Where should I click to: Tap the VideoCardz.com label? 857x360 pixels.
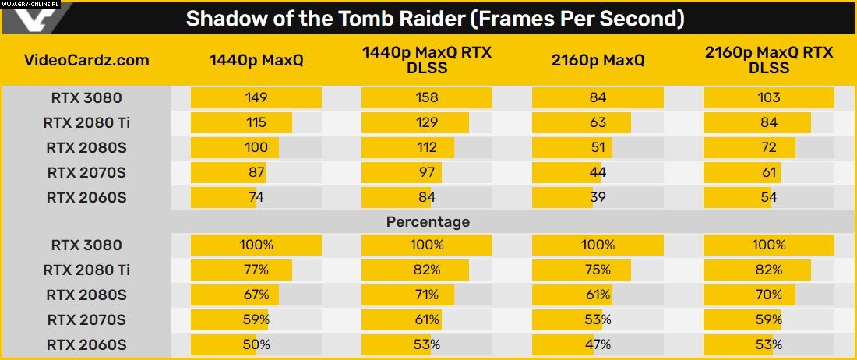(86, 60)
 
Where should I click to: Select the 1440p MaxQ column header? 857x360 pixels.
(256, 60)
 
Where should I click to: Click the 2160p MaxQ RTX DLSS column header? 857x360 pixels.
(768, 60)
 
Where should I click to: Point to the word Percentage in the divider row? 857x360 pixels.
(428, 222)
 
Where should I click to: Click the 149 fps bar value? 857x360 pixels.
(256, 97)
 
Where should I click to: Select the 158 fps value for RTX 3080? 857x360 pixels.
(427, 97)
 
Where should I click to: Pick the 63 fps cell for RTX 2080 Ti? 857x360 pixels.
(598, 122)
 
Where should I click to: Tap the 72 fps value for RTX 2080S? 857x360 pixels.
(768, 147)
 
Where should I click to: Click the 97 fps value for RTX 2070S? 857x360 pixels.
(427, 172)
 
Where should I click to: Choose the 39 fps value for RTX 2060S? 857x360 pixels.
(598, 197)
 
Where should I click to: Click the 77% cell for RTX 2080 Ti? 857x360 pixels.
(256, 270)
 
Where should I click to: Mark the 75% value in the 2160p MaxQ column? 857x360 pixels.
(598, 270)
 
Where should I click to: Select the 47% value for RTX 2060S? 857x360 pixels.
(598, 344)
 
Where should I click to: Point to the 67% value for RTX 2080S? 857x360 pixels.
(256, 295)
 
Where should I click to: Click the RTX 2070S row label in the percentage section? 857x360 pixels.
(86, 319)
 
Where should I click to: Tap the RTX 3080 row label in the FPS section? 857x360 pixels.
(86, 97)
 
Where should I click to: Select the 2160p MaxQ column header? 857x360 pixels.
(598, 60)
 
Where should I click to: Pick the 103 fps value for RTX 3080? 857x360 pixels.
(768, 97)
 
